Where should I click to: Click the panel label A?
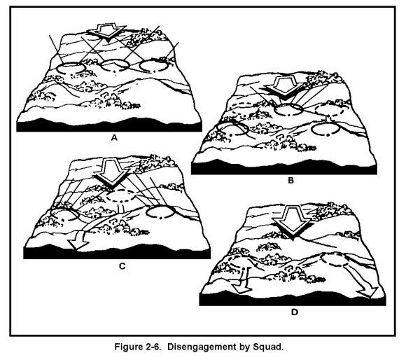114,138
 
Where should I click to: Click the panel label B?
291,180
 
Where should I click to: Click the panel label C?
122,266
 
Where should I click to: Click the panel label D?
295,312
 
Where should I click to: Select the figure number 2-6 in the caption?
152,347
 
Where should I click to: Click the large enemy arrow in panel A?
106,32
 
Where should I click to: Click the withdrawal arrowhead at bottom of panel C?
78,244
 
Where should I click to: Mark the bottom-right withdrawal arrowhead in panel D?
367,292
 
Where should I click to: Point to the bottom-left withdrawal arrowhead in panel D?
241,288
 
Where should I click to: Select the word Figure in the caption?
127,347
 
